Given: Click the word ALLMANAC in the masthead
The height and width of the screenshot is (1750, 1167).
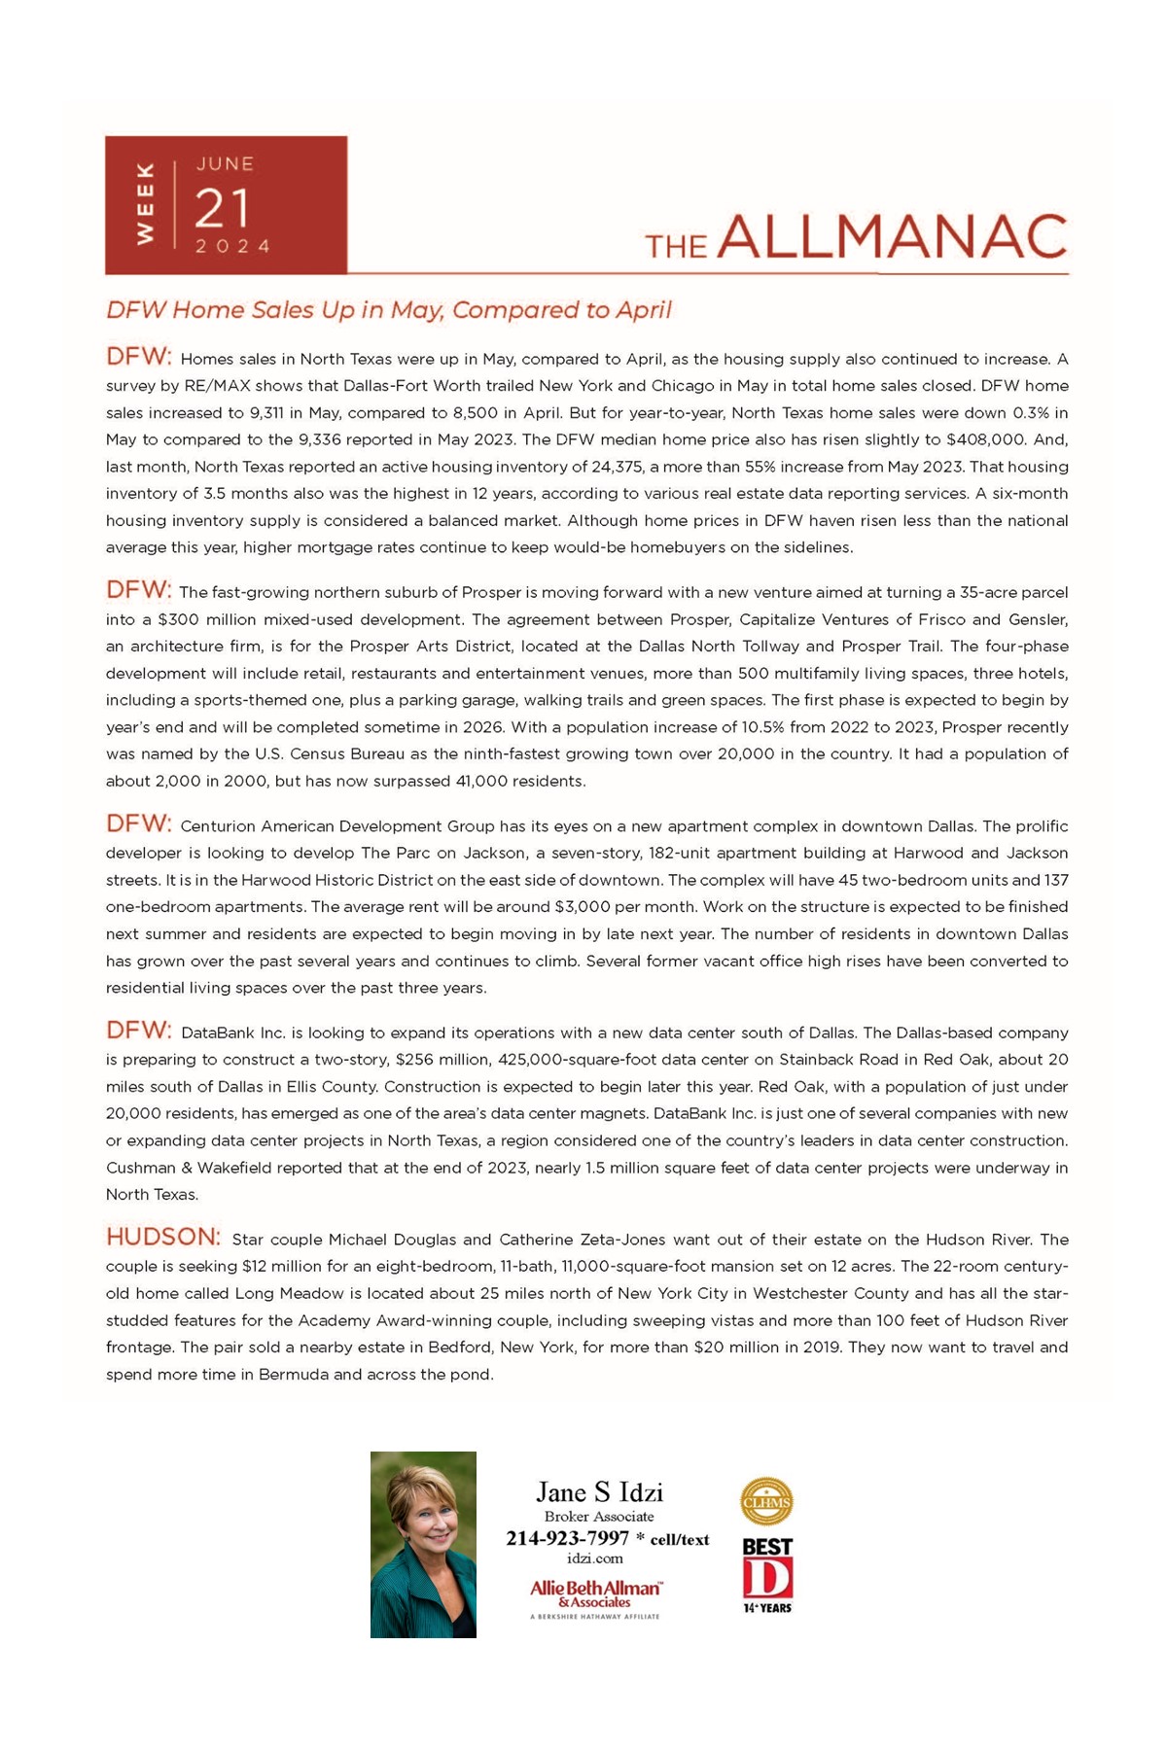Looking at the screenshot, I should tap(893, 237).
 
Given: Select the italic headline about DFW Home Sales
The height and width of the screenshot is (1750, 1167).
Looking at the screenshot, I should tap(389, 310).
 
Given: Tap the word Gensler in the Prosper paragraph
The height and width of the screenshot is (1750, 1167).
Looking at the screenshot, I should tap(1038, 619).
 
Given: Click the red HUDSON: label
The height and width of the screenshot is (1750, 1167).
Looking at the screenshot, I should tap(163, 1237).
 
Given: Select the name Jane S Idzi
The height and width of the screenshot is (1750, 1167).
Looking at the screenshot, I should tap(599, 1492).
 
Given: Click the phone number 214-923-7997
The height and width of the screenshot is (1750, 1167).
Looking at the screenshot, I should tap(567, 1538).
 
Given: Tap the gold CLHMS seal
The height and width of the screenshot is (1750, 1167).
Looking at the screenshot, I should tap(766, 1502).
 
